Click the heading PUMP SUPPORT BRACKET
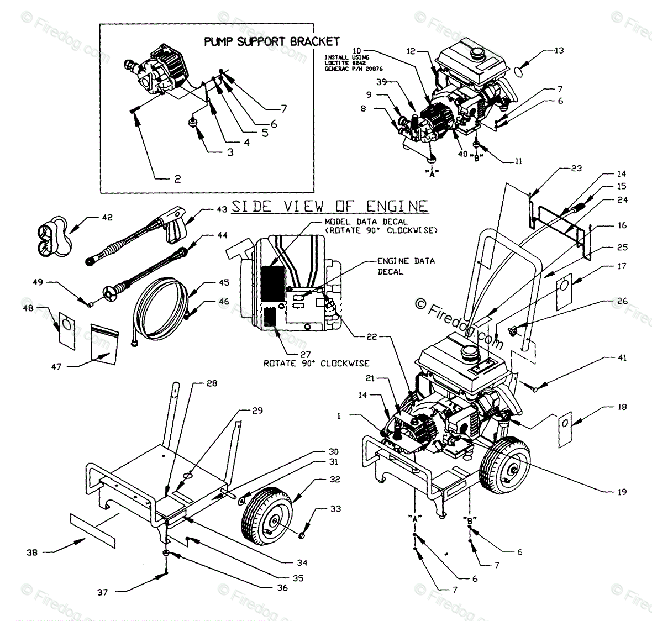pyautogui.click(x=272, y=41)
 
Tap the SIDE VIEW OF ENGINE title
pyautogui.click(x=329, y=206)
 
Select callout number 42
pyautogui.click(x=107, y=217)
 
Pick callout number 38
pyautogui.click(x=32, y=551)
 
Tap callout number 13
pyautogui.click(x=559, y=51)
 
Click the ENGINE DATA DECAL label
pyautogui.click(x=405, y=266)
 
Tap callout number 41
pyautogui.click(x=622, y=358)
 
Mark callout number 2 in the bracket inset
pyautogui.click(x=177, y=179)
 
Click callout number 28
pyautogui.click(x=196, y=383)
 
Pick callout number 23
pyautogui.click(x=576, y=169)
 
